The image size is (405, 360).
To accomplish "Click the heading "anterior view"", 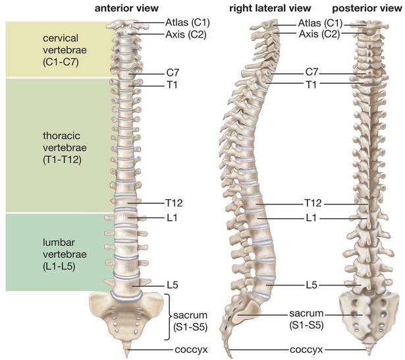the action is (126, 9).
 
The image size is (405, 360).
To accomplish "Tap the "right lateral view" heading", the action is (270, 9).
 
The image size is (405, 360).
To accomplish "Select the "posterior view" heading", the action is (367, 9).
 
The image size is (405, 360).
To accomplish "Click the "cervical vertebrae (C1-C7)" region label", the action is (65, 50).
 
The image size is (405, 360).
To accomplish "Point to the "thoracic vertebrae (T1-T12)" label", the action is (65, 148).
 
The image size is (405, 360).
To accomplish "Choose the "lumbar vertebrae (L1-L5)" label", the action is (65, 255).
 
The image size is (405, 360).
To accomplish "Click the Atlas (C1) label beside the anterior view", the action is (188, 22).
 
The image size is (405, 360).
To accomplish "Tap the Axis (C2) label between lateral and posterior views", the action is (319, 34).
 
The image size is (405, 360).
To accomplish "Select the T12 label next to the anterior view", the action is (174, 203).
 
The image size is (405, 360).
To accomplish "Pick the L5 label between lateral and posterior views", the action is (311, 285).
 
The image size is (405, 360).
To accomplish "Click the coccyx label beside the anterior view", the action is (191, 349).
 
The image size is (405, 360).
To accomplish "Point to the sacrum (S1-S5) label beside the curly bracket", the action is (190, 321).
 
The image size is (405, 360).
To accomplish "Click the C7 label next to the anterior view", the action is (173, 73).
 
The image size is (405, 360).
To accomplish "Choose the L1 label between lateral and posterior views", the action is (311, 218).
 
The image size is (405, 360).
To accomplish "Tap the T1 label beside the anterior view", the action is (172, 84).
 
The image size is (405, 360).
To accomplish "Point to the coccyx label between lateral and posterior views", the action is (306, 349).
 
